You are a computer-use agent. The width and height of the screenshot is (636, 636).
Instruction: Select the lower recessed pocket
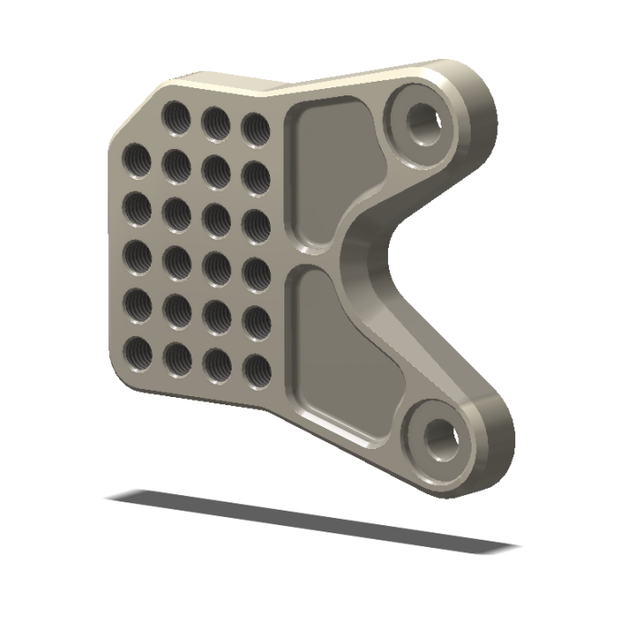341,350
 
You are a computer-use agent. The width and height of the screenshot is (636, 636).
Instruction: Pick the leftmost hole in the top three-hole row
175,116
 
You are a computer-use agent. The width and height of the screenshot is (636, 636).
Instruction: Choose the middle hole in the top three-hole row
215,122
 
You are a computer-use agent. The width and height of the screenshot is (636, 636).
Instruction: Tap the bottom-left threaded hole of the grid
138,353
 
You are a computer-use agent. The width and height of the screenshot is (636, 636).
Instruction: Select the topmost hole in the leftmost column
137,160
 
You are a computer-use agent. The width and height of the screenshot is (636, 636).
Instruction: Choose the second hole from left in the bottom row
177,357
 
